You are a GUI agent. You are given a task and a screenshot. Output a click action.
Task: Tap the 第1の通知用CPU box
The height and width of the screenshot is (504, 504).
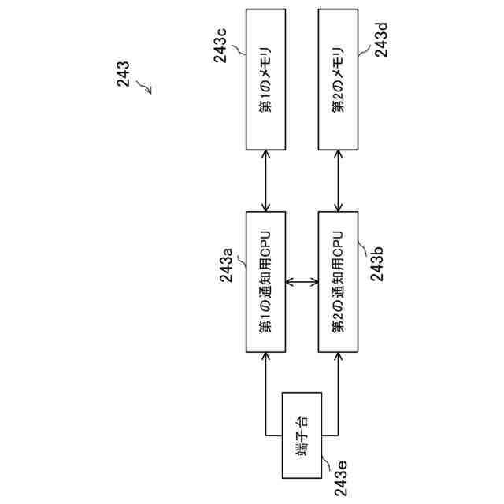click(266, 282)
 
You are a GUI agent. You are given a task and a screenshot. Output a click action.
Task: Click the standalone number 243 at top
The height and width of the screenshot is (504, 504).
click(123, 77)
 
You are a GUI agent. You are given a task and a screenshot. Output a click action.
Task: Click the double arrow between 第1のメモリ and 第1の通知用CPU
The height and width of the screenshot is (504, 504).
click(266, 180)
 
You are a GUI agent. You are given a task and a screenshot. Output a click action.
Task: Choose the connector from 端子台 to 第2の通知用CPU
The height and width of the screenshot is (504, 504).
click(337, 394)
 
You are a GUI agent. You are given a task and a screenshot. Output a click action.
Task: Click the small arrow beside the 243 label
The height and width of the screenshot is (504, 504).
click(144, 87)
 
